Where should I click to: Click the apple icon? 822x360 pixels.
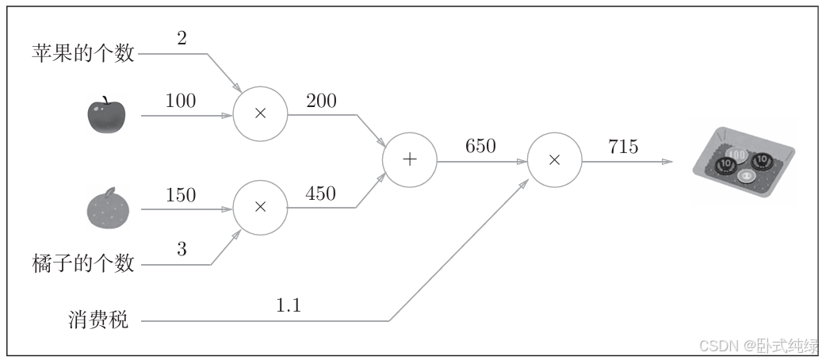(x=106, y=117)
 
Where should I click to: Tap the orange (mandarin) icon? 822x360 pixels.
(x=106, y=208)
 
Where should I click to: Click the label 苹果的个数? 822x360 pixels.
(x=82, y=53)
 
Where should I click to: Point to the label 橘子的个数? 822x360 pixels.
(x=82, y=262)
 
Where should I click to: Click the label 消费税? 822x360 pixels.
(x=98, y=320)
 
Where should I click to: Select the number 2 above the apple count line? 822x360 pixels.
(x=182, y=38)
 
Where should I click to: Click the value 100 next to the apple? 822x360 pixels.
(x=181, y=101)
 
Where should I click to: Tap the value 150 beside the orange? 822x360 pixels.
(x=181, y=194)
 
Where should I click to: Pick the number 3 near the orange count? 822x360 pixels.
(x=182, y=249)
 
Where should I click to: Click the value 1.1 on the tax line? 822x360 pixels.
(x=289, y=305)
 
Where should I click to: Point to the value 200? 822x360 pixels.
(x=320, y=101)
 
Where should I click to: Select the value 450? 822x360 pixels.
(x=320, y=193)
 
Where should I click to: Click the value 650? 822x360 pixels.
(x=480, y=146)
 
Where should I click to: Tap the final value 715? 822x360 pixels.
(x=623, y=146)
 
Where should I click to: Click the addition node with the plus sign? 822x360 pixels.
(x=410, y=160)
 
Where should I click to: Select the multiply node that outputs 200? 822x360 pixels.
(x=260, y=114)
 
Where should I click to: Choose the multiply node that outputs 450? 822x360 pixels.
(x=260, y=207)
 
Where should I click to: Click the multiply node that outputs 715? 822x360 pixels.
(x=555, y=160)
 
